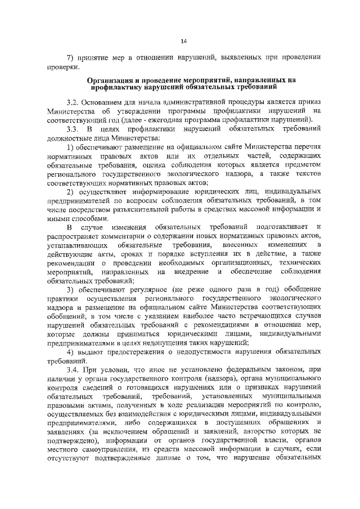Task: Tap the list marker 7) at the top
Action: tap(71, 57)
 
